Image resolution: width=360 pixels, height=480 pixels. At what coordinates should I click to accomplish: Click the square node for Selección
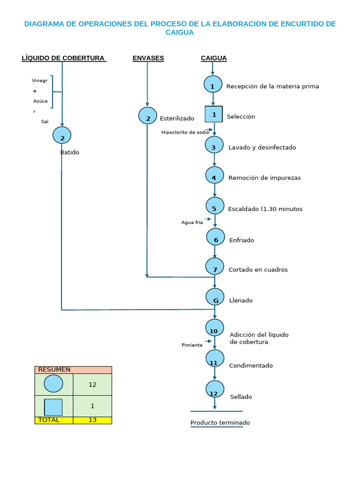214,114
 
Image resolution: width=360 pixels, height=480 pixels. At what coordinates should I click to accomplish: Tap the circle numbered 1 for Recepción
213,85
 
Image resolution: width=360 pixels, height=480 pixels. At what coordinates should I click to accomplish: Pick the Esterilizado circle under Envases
148,116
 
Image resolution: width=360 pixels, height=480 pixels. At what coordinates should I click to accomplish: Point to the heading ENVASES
148,58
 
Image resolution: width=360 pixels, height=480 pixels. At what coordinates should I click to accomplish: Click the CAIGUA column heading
214,58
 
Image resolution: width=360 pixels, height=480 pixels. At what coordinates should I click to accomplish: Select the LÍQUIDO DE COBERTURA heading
63,58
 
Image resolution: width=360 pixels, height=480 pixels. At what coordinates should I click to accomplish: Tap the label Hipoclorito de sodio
185,132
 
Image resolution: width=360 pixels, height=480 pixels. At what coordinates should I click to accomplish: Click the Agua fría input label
192,222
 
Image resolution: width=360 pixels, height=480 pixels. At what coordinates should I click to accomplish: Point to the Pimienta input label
192,345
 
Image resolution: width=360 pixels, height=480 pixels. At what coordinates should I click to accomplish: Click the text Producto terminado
220,423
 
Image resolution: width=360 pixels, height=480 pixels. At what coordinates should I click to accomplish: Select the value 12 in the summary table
92,384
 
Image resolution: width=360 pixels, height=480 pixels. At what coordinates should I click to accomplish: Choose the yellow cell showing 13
92,420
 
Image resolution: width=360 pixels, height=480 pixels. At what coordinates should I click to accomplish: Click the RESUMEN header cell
73,369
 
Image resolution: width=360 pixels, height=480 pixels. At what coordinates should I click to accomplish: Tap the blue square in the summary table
53,406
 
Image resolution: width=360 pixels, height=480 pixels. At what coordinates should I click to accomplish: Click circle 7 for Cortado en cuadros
215,267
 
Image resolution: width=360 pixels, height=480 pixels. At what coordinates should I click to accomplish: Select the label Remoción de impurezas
264,178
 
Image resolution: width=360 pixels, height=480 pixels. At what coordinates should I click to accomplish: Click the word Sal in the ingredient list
45,121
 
